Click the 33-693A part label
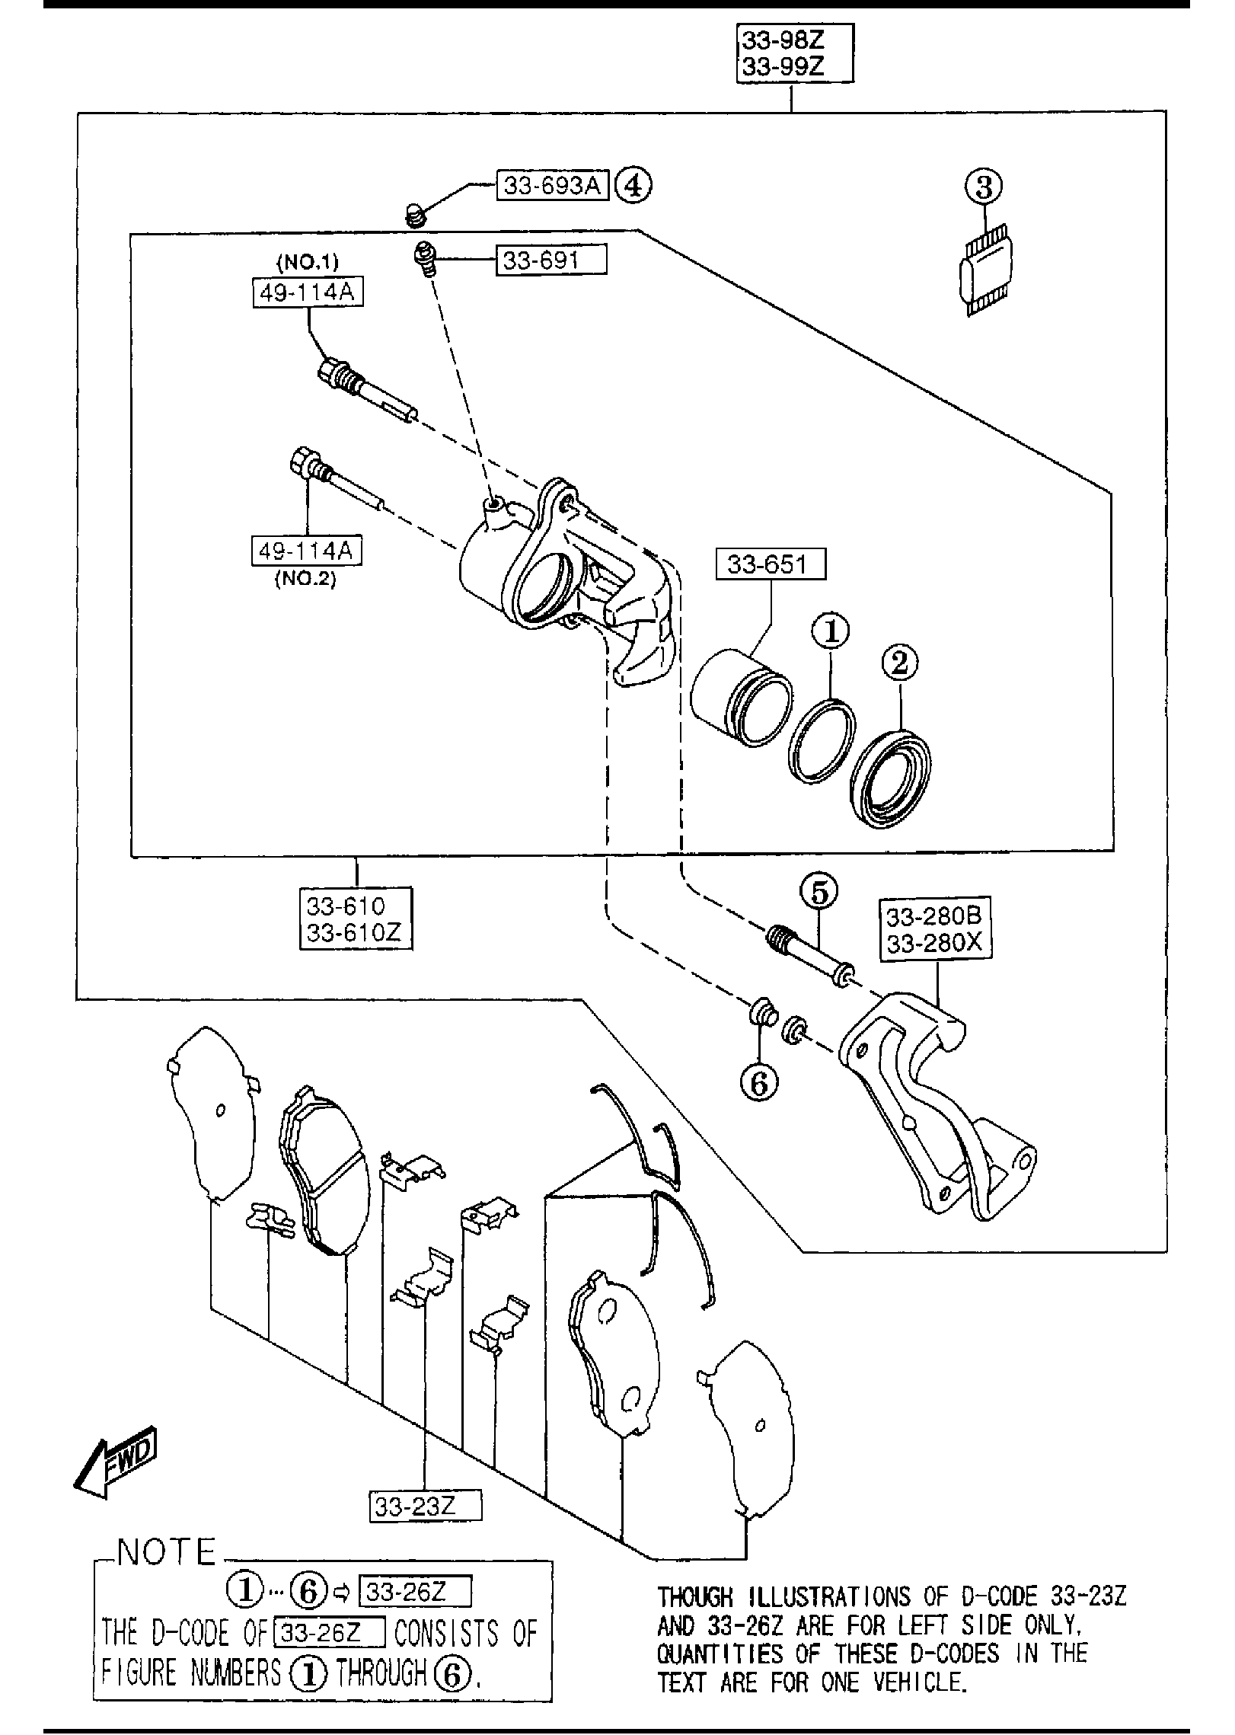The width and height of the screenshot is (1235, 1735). tap(552, 185)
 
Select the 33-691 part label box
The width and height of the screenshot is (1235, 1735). tap(552, 260)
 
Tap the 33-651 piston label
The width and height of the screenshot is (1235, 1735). tap(770, 564)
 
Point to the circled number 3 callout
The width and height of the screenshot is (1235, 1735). tap(984, 187)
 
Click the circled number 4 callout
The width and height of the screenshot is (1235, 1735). tap(633, 185)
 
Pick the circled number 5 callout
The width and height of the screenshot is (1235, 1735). tap(819, 893)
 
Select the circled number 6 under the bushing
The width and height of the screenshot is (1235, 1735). tap(759, 1083)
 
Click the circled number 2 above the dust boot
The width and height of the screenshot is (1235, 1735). tap(900, 663)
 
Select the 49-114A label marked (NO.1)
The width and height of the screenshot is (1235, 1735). tap(308, 292)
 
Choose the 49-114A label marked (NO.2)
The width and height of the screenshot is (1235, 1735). tap(307, 551)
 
